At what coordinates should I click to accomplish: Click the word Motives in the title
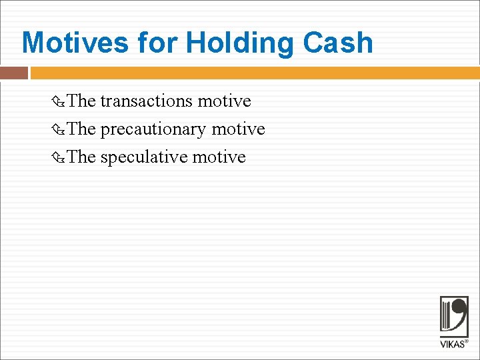[75, 43]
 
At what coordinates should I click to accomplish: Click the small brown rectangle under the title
[14, 73]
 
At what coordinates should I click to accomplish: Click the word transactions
[146, 101]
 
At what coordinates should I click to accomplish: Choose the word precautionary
[153, 129]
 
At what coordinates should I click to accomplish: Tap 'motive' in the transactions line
[225, 101]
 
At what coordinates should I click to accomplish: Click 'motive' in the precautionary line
[238, 129]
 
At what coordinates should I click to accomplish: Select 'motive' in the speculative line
[219, 157]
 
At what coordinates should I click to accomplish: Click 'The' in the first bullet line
[82, 101]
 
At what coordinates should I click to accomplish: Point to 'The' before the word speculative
[82, 157]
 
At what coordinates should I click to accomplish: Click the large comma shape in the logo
[461, 313]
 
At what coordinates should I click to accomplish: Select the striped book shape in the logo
[446, 317]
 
